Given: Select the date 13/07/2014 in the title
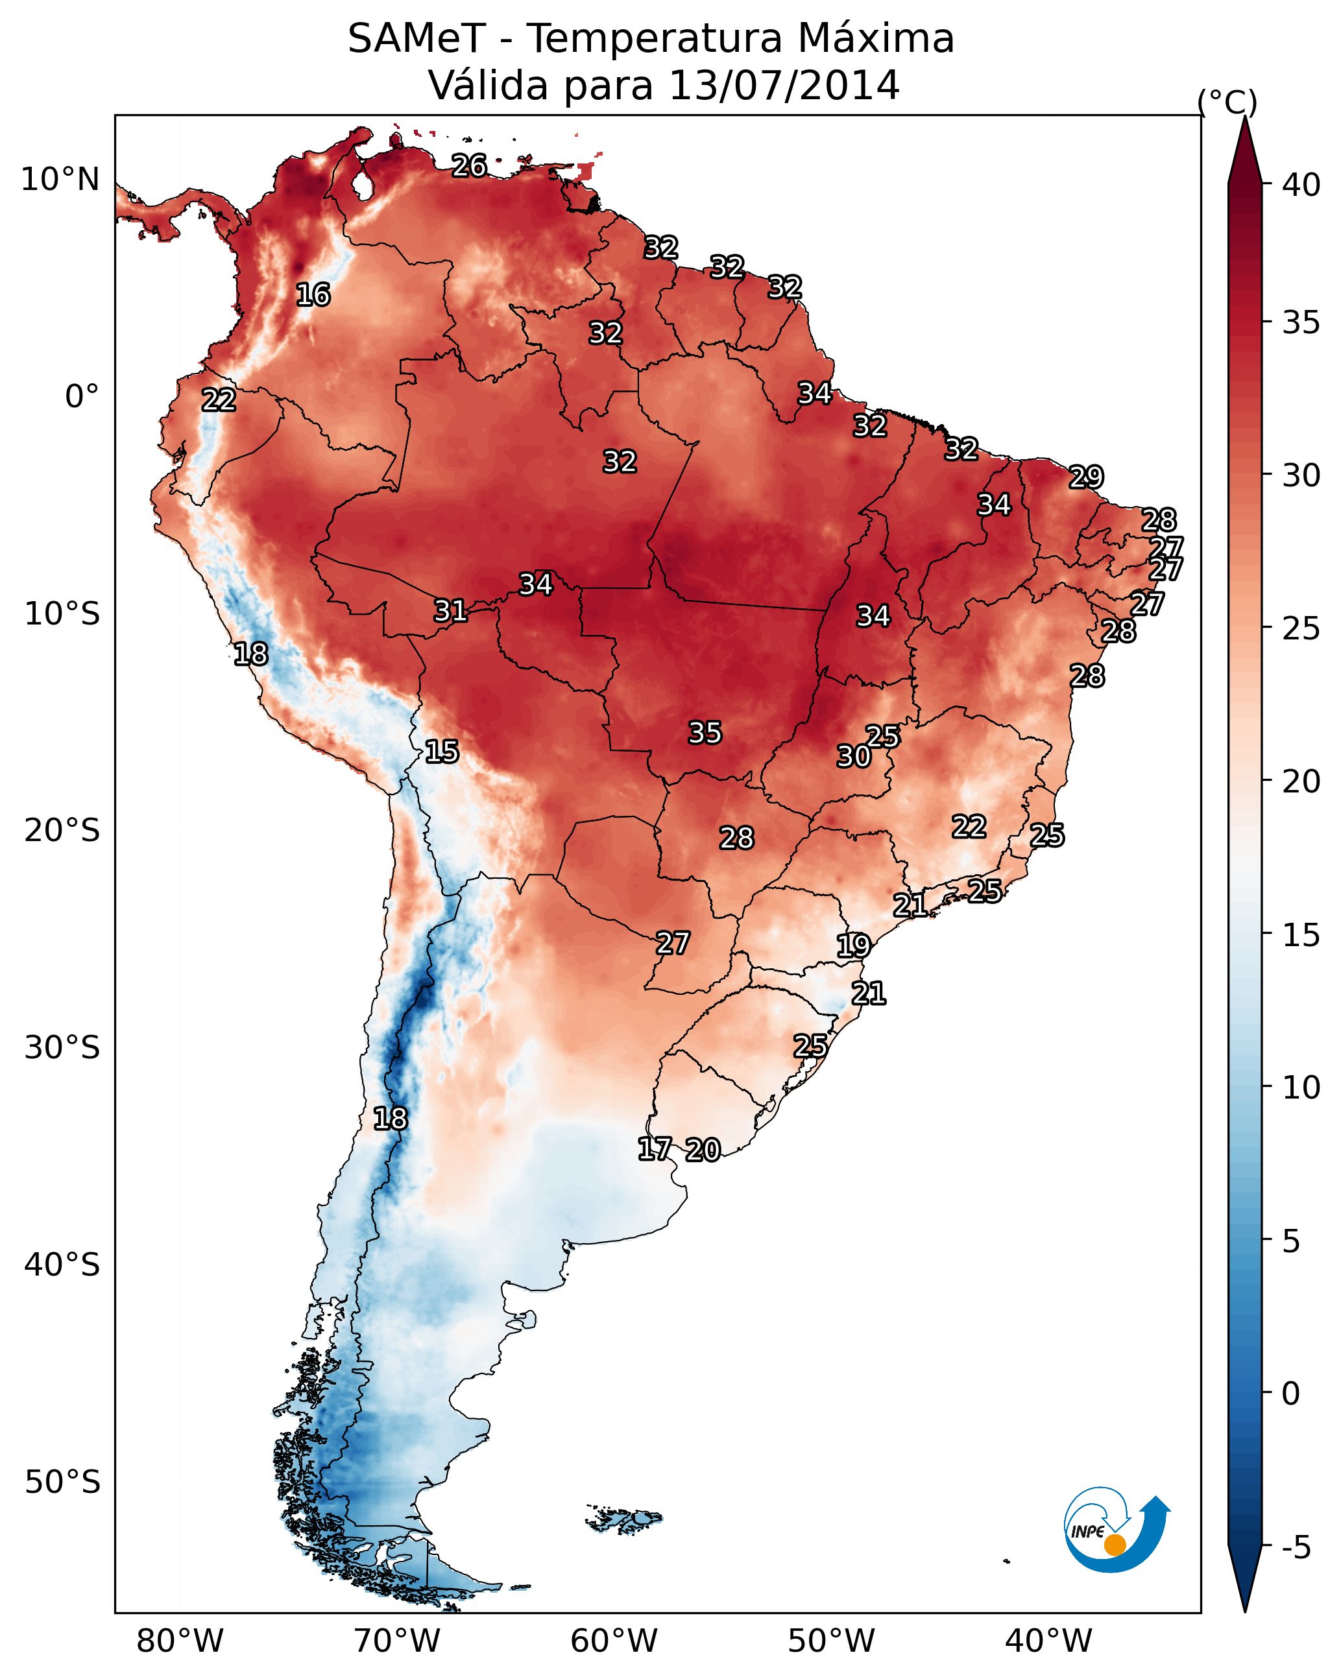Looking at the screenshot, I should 784,86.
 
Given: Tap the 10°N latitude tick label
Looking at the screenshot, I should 60,180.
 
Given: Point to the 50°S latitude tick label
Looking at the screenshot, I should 62,1482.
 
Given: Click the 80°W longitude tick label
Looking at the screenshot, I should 180,1641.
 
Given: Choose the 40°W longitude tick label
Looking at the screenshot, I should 1048,1641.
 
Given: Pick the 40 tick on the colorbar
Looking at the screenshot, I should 1301,185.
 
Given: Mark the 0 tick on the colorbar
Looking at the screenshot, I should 1290,1394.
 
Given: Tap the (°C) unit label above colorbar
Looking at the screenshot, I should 1227,102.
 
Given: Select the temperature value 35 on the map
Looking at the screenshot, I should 705,733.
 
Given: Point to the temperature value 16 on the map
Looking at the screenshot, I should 313,295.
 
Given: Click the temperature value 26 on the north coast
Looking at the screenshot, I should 469,165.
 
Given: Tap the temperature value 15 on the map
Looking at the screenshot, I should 441,752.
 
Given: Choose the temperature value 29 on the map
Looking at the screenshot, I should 1086,477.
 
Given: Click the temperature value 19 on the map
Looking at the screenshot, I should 853,946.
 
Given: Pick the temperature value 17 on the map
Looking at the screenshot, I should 654,1149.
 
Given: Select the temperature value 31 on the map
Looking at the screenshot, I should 450,611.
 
